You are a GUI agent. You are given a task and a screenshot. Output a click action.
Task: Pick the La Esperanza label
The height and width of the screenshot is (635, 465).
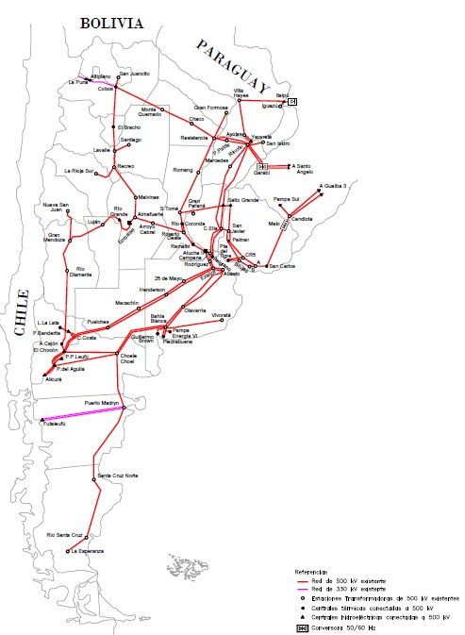85,550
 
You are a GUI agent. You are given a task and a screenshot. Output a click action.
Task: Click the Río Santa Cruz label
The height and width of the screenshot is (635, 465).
66,535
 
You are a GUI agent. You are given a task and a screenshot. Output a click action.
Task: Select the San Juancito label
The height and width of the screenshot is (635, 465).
134,73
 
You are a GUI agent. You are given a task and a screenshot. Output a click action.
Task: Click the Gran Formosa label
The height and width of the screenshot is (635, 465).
212,108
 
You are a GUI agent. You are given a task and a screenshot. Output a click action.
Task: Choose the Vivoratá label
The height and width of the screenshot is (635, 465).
221,313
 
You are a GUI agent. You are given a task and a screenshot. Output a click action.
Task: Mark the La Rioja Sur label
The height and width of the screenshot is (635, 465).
79,171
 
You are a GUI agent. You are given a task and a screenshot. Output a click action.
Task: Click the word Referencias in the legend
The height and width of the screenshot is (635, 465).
311,572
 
